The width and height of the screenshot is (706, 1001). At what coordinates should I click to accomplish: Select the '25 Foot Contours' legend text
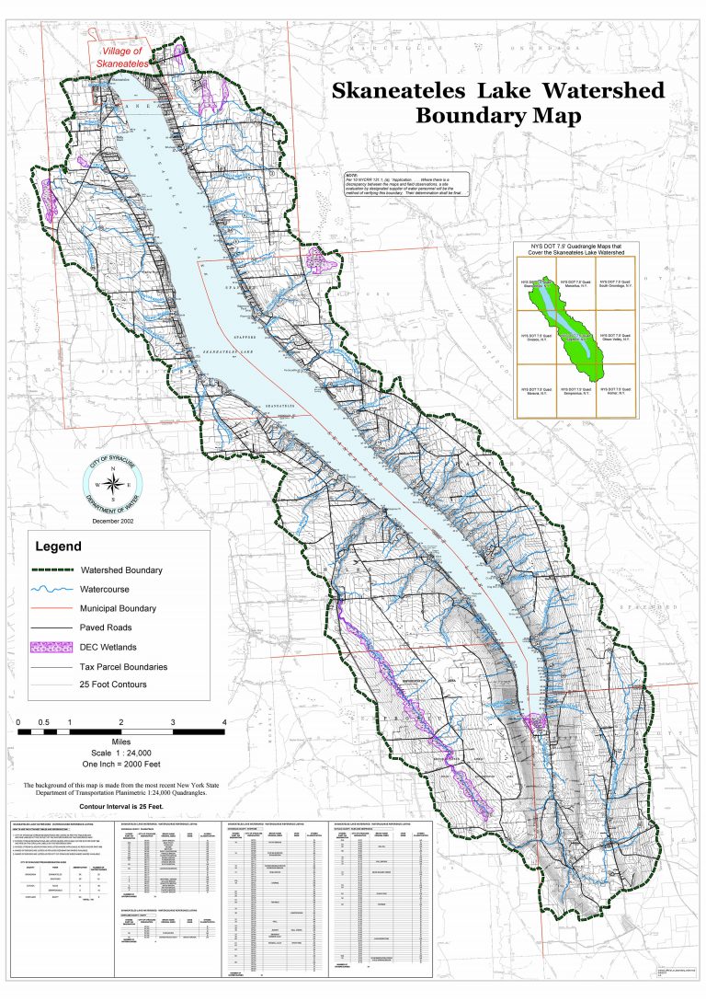pos(114,685)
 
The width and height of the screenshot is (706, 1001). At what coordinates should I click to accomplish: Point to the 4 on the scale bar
pos(224,721)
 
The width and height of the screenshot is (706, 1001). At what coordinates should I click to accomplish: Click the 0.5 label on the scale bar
pos(44,721)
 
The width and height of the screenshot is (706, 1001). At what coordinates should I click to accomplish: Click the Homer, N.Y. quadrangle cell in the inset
pos(617,395)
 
